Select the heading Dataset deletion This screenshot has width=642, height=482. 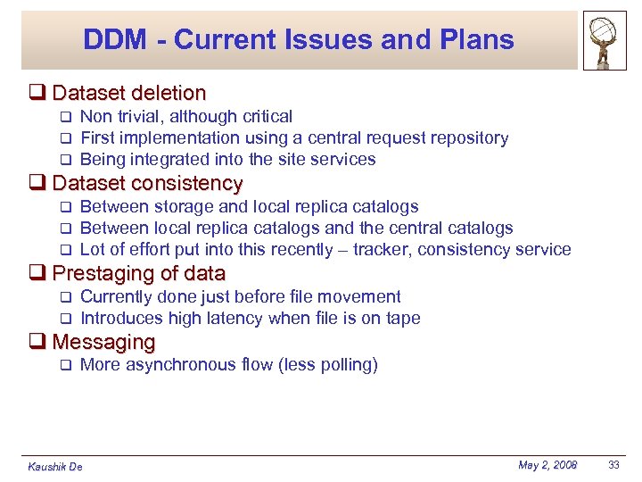[129, 93]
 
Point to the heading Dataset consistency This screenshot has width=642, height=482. [147, 184]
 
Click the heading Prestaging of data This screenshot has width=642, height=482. [139, 274]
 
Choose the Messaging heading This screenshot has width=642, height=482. [103, 342]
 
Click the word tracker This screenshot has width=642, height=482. [381, 250]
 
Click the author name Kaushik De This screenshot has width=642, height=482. [55, 467]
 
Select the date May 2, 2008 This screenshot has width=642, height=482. [547, 465]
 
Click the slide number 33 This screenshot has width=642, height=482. [614, 465]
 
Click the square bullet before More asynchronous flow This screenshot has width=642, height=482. [64, 365]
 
